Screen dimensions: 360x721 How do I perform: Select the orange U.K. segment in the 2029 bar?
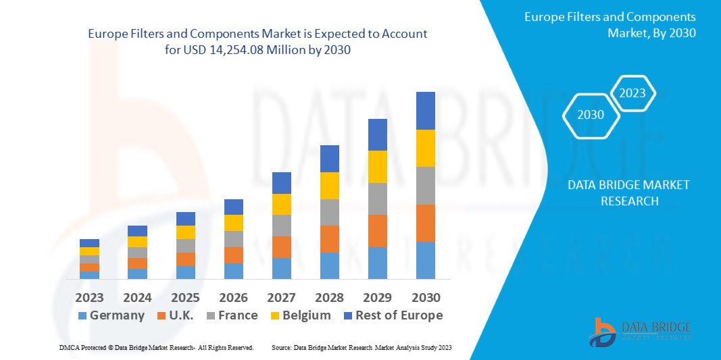[377, 231]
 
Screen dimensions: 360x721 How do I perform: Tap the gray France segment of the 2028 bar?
[329, 212]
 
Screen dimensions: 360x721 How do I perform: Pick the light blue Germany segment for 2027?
[281, 268]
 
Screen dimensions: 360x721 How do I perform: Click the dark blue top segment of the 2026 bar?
[233, 207]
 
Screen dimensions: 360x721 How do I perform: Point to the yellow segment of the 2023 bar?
[89, 251]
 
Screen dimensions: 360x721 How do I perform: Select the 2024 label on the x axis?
[137, 298]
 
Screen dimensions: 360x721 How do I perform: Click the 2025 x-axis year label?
[185, 298]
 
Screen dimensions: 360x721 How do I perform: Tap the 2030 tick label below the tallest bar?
[425, 298]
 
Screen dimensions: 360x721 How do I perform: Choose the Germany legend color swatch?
[82, 316]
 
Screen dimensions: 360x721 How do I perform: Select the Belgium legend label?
[306, 315]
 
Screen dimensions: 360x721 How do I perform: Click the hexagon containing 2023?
[632, 93]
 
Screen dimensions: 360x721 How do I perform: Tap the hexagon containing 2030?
[591, 115]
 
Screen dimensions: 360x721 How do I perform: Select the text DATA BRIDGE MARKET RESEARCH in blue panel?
[628, 193]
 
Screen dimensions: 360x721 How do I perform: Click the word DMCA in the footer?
[69, 347]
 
